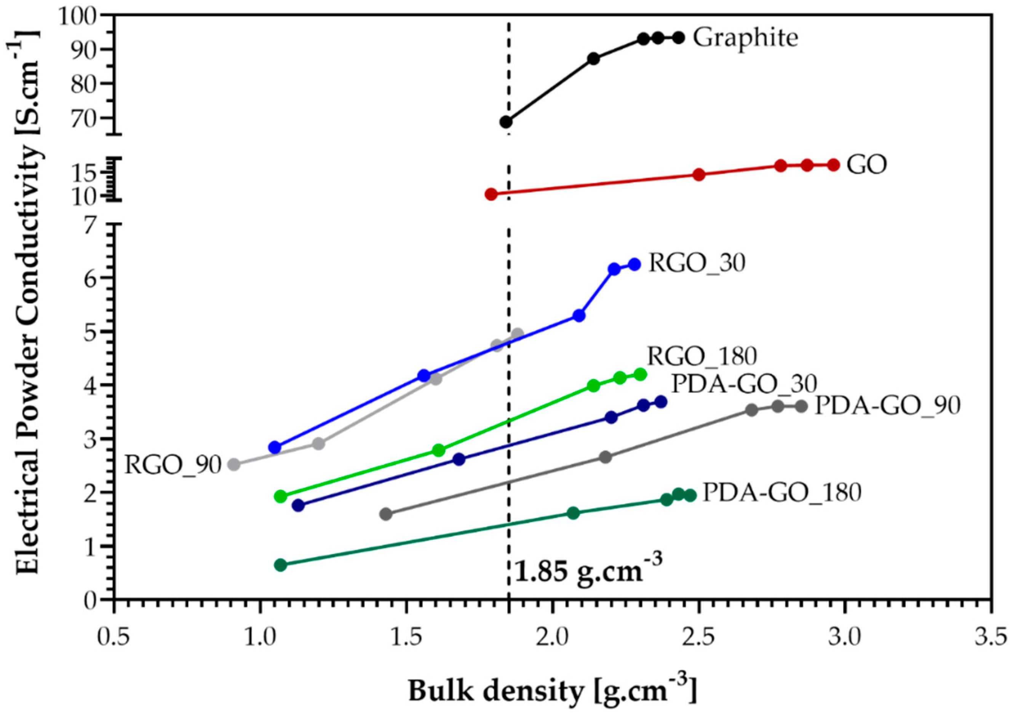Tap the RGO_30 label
point(697,264)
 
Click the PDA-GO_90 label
point(886,407)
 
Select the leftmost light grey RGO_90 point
point(234,464)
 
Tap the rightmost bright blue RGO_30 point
point(634,264)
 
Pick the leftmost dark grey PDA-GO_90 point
point(386,514)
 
